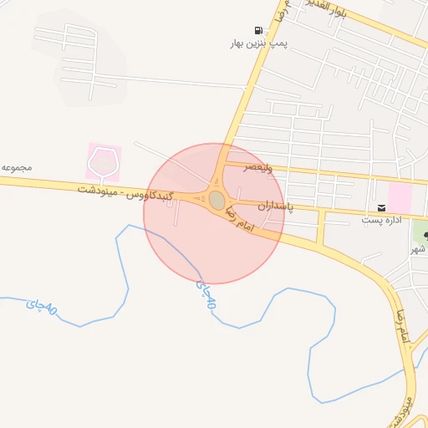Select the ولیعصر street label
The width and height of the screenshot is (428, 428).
(x=257, y=168)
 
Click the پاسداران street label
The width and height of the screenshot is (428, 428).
(x=275, y=205)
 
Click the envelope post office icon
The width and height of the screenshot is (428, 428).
(x=381, y=207)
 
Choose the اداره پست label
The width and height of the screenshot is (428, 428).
(x=382, y=221)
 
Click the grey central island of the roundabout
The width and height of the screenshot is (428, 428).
(x=217, y=201)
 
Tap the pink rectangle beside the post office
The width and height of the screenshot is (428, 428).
(x=400, y=198)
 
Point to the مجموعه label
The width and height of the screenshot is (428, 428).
(x=17, y=167)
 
